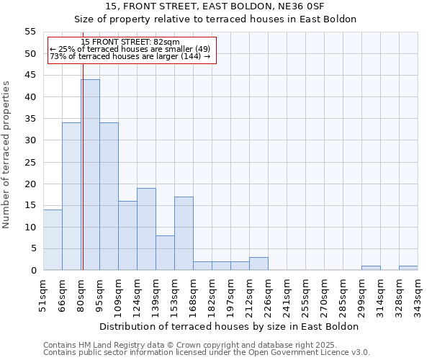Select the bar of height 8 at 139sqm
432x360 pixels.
pos(165,253)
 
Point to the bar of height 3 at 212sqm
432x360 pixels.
pos(258,264)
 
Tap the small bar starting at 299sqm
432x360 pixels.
pos(371,268)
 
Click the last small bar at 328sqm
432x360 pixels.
pos(408,268)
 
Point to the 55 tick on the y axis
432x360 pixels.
pos(30,32)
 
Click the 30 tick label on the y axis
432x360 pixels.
pos(30,140)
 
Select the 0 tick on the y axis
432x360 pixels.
pos(33,271)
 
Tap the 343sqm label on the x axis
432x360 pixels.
pos(418,294)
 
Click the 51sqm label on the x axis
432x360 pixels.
pos(43,294)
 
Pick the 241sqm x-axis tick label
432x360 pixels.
pos(287,294)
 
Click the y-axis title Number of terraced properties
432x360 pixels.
pos(6,154)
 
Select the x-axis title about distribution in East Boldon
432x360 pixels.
pos(230,326)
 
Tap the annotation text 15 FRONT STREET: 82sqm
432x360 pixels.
pos(130,42)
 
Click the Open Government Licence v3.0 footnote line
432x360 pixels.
pos(207,353)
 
